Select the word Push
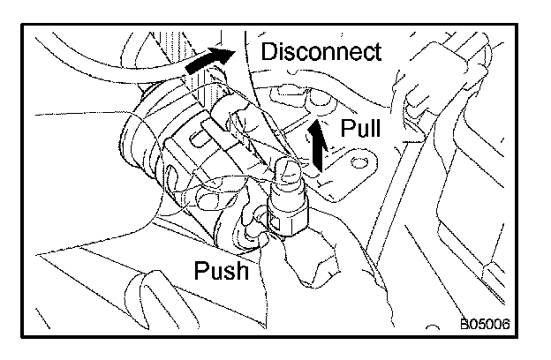click(x=221, y=270)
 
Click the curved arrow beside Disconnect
click(x=210, y=63)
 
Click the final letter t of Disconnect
click(x=377, y=52)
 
